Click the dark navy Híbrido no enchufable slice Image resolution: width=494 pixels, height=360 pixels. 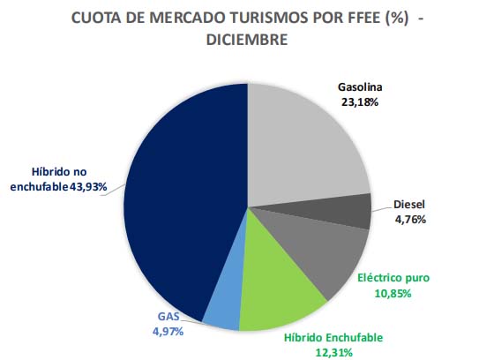[176, 203]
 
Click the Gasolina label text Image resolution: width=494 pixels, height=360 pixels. [363, 87]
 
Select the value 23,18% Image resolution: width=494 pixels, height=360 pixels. [363, 101]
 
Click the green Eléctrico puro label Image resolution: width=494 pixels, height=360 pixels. [393, 277]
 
